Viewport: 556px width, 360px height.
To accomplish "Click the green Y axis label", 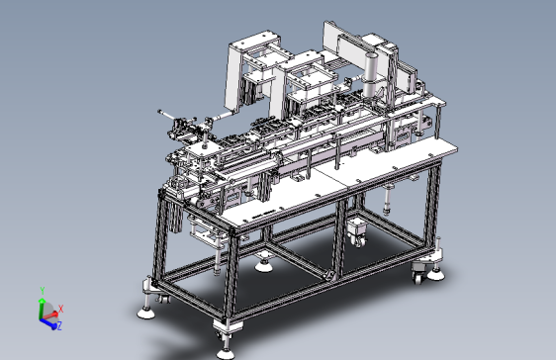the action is pyautogui.click(x=43, y=291).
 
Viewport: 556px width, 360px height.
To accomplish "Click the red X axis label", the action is pyautogui.click(x=60, y=309).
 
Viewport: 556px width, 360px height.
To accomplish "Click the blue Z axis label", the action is pyautogui.click(x=59, y=325).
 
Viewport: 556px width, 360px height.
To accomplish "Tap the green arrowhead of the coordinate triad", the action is pyautogui.click(x=42, y=302).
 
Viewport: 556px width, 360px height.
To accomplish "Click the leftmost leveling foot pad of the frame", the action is pyautogui.click(x=145, y=313).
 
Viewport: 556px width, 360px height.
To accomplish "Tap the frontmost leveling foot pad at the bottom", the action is pyautogui.click(x=226, y=353).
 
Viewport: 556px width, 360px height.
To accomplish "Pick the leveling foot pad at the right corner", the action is pyautogui.click(x=435, y=275).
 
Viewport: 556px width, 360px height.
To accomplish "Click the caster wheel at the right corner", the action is pyautogui.click(x=417, y=277).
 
